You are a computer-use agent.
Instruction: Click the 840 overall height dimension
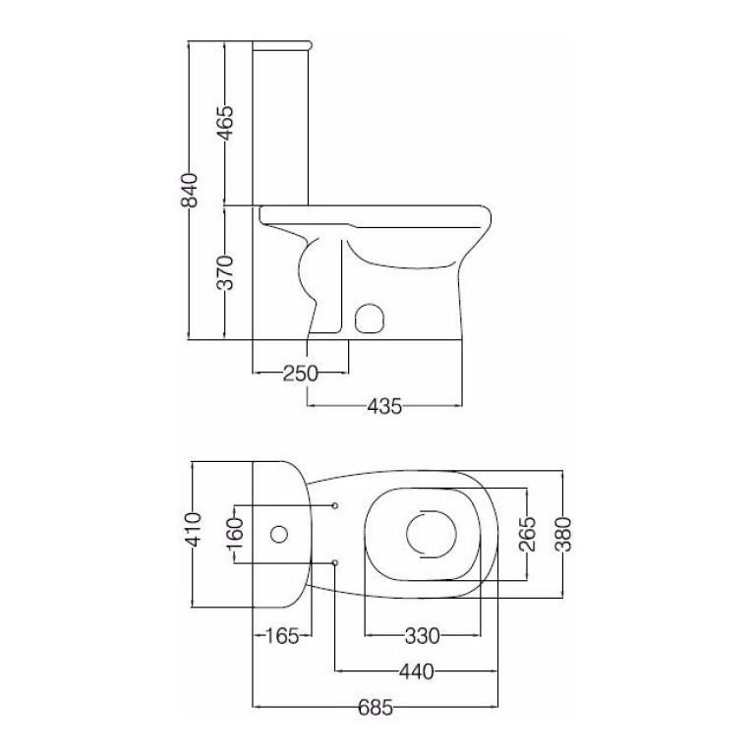(189, 190)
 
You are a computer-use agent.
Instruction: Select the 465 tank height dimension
(225, 123)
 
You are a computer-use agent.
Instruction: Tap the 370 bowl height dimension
(225, 272)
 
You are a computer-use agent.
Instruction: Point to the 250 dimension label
(301, 374)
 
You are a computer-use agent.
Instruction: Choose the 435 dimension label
(384, 406)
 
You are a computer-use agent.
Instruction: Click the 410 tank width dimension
(193, 530)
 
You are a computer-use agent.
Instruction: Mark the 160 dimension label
(235, 535)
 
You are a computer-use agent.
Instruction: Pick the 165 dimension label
(283, 637)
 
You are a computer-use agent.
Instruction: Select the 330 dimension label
(423, 636)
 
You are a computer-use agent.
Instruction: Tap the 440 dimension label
(417, 671)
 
